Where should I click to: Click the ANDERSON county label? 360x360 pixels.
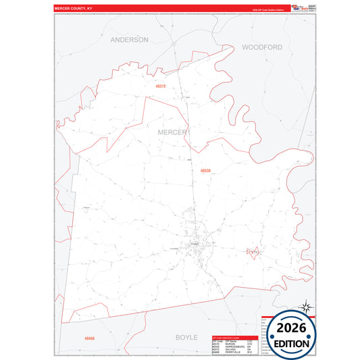point(129,40)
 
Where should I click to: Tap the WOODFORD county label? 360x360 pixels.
point(261,48)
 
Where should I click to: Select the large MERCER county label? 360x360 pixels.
point(172,132)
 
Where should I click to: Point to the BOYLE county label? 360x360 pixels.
point(186,336)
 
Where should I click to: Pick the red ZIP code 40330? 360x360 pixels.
point(206,171)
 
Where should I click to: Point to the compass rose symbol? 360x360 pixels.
point(305,307)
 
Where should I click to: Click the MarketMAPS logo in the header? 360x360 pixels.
point(299,7)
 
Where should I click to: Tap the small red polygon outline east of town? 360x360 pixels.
point(253,251)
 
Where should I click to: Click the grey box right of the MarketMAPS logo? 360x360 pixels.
point(311,7)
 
